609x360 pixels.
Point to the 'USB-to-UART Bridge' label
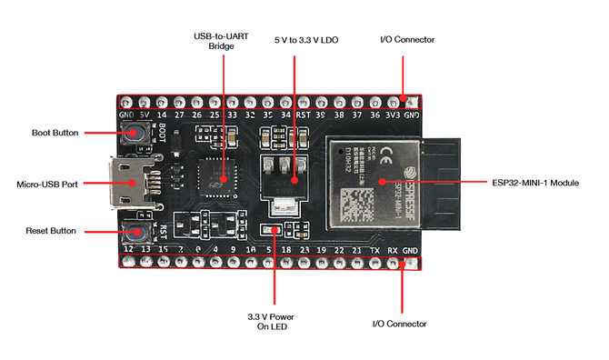pos(215,41)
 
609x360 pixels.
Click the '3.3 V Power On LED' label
pos(272,322)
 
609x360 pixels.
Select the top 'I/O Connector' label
pos(406,40)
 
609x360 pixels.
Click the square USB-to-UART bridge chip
pos(218,172)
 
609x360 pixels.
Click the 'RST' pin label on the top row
pos(303,116)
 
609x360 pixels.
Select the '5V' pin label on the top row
pos(144,116)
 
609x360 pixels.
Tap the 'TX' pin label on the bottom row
pos(374,249)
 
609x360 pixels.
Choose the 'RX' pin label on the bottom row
pos(393,249)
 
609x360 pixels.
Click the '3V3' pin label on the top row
pos(393,116)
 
